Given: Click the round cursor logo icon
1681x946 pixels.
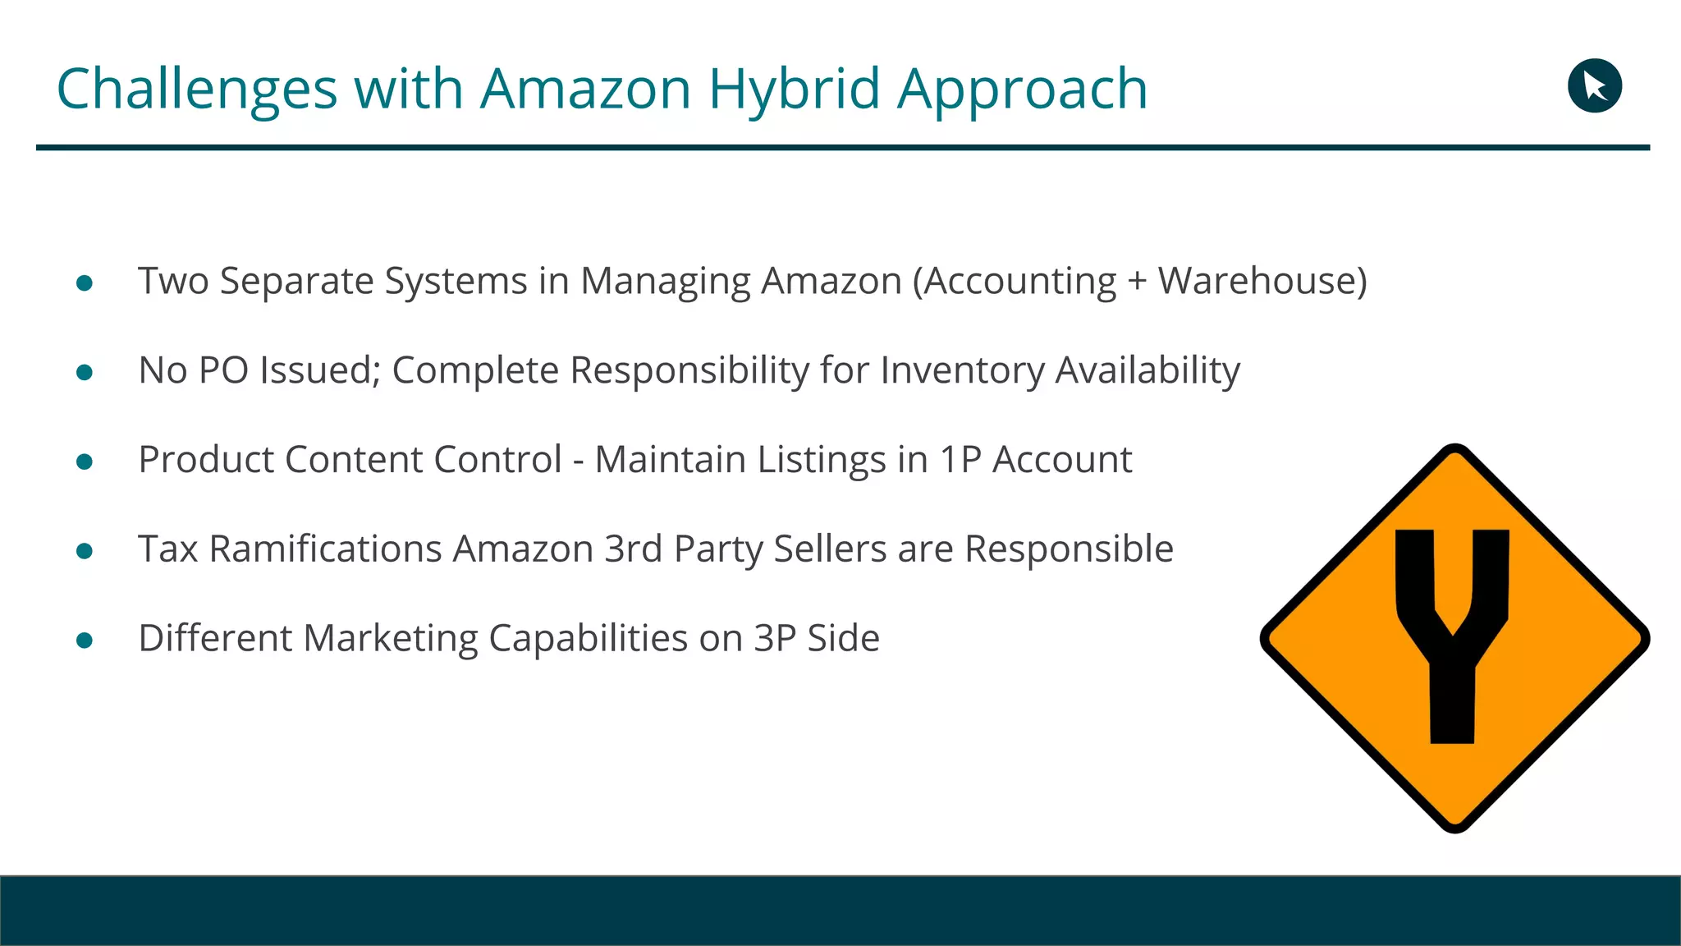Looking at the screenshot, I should [1594, 85].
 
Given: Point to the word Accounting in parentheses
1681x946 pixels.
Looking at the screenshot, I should [1019, 282].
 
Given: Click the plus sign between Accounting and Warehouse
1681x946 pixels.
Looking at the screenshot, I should [1137, 282].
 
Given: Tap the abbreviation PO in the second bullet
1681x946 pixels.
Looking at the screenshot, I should [224, 370].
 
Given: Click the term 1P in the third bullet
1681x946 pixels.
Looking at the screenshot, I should [960, 460].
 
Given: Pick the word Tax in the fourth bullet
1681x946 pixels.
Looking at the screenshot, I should [167, 549].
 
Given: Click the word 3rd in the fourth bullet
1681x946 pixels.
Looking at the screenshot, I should [633, 549].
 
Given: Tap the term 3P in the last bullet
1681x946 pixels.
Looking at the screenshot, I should [775, 639].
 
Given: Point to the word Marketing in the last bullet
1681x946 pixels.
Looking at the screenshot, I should [390, 639].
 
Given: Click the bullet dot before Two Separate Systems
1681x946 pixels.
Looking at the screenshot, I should [84, 283].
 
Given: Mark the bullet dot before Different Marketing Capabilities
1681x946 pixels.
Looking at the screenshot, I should [84, 641].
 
